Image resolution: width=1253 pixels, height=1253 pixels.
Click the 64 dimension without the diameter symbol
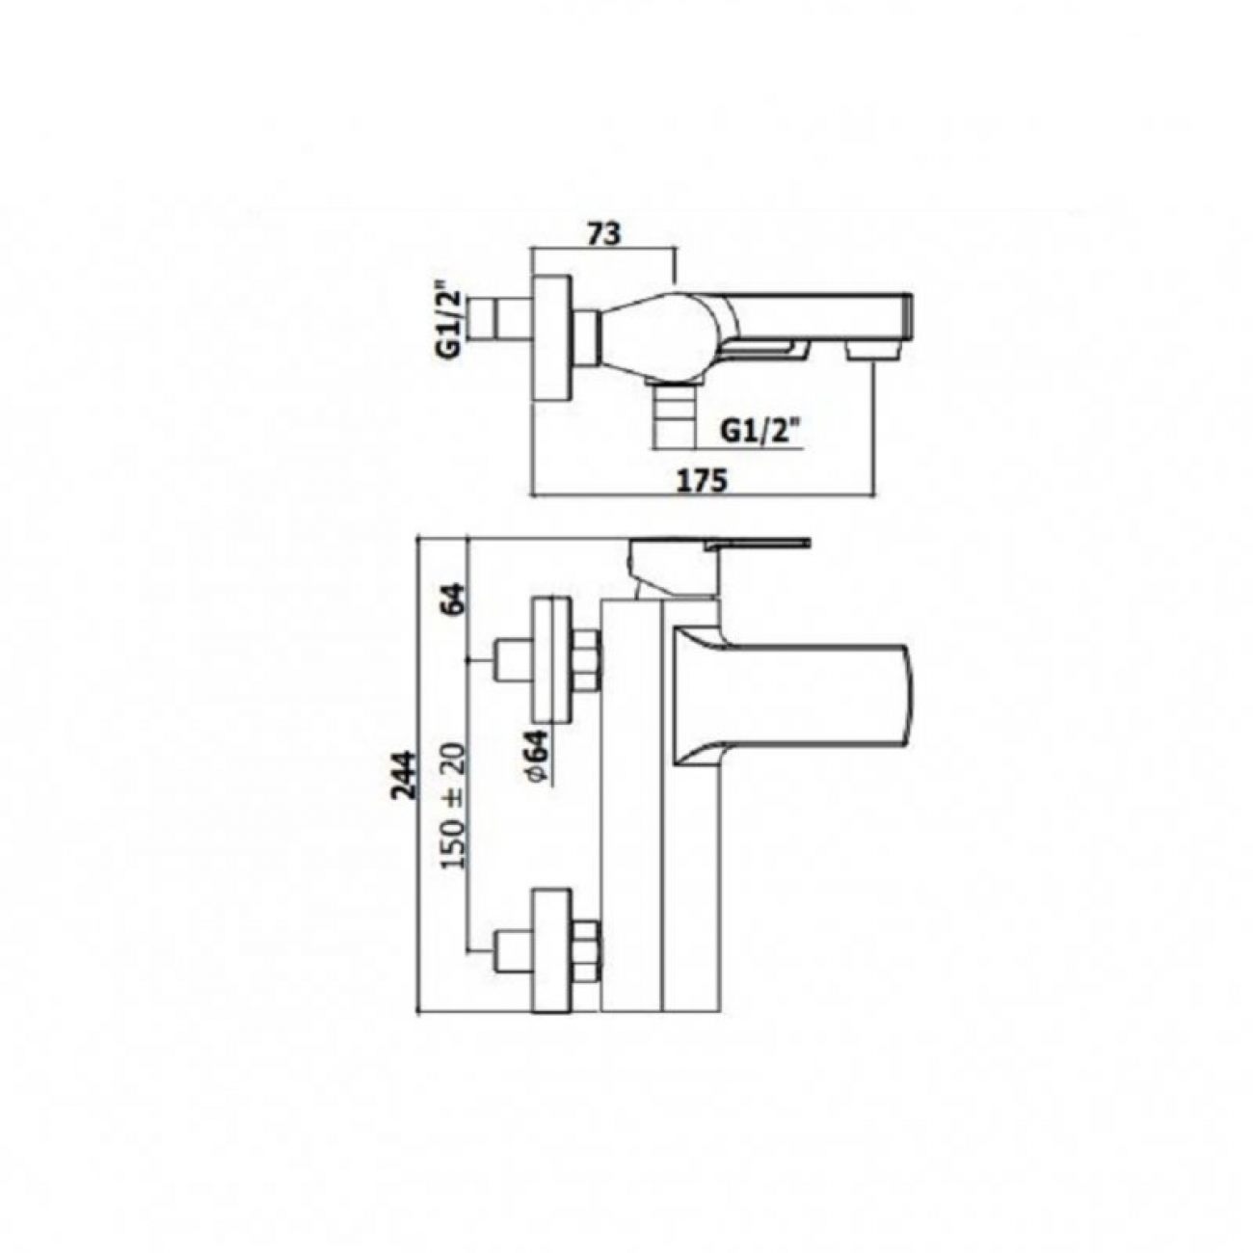pos(457,598)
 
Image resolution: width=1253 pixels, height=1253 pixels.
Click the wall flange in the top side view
pos(552,333)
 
